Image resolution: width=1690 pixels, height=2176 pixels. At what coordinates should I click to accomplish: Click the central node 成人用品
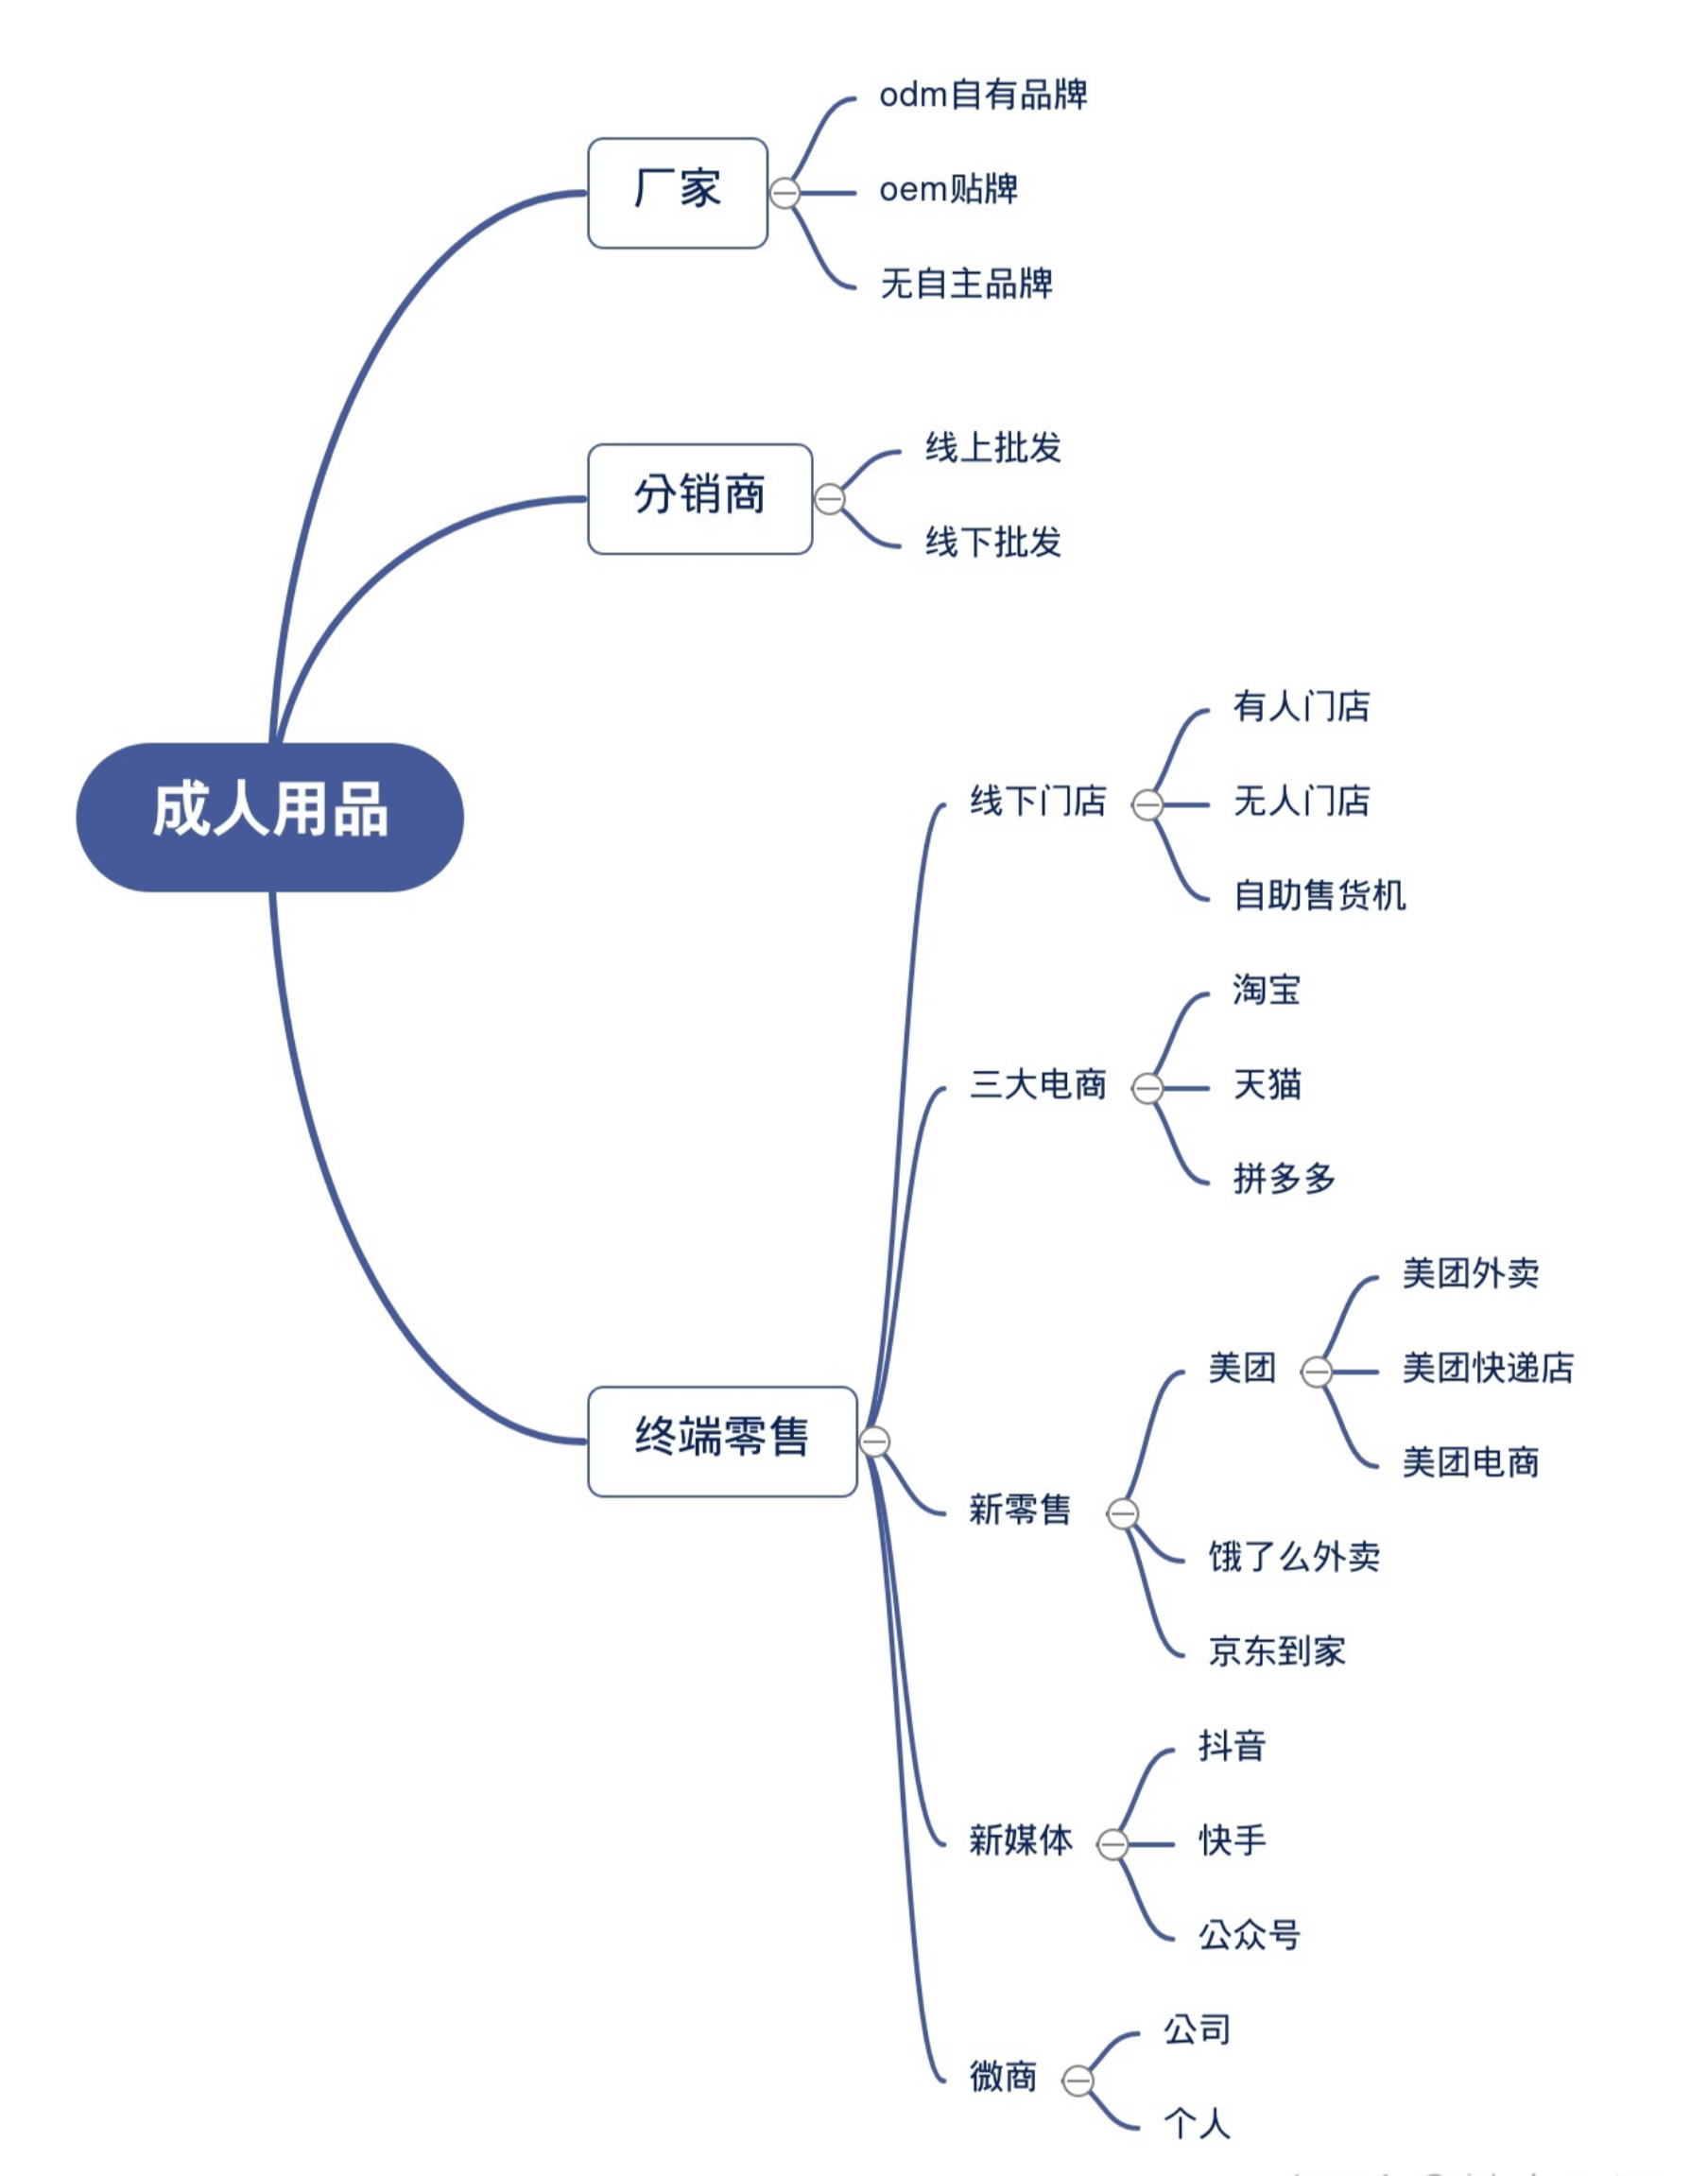(x=269, y=816)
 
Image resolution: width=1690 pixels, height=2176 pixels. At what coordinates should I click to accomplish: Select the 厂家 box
(x=677, y=192)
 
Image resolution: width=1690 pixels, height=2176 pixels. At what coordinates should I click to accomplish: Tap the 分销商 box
(x=699, y=498)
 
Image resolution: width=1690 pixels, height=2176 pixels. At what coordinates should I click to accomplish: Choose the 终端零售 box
(x=721, y=1441)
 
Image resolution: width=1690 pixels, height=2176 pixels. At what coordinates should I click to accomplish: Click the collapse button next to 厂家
(x=785, y=192)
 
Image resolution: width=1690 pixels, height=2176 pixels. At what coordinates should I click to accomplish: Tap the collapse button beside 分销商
(x=829, y=498)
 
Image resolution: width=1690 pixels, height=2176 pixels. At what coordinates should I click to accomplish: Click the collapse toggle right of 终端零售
(x=874, y=1441)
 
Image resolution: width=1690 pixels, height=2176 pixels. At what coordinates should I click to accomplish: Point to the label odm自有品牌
(x=982, y=95)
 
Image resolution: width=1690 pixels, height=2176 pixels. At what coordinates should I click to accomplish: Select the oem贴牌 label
(x=948, y=189)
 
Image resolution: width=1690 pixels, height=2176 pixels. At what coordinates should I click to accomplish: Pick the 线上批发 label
(x=992, y=448)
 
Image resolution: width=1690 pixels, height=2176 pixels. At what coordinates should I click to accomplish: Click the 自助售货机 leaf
(x=1319, y=895)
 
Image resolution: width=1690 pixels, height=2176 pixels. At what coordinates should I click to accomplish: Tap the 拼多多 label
(x=1284, y=1179)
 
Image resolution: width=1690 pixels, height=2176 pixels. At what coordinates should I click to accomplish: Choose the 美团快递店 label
(x=1488, y=1368)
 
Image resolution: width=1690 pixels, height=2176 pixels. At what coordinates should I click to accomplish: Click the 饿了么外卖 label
(x=1293, y=1556)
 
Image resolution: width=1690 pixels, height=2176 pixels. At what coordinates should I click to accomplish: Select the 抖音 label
(x=1232, y=1746)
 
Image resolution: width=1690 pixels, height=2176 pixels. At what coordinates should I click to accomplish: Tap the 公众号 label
(x=1249, y=1935)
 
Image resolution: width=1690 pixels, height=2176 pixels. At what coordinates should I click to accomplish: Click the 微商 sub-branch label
(x=1004, y=2078)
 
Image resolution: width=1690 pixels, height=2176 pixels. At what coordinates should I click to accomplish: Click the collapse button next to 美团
(x=1317, y=1372)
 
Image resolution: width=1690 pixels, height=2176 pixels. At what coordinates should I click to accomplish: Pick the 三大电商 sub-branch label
(x=1039, y=1084)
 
